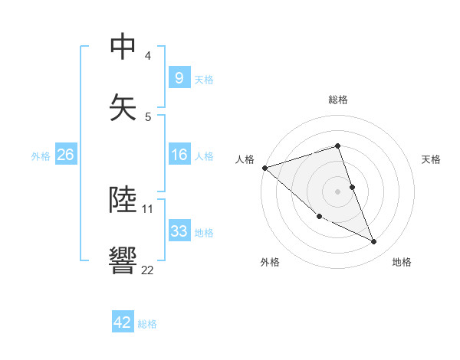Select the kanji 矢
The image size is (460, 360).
click(x=123, y=105)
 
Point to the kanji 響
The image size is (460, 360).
click(x=123, y=260)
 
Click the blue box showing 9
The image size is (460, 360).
click(x=179, y=77)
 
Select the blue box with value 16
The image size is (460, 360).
click(x=179, y=155)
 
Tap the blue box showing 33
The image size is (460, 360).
click(x=179, y=231)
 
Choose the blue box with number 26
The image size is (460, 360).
click(x=65, y=155)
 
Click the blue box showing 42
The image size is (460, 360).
click(x=123, y=322)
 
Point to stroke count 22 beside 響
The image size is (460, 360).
click(x=147, y=270)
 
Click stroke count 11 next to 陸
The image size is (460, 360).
click(x=147, y=208)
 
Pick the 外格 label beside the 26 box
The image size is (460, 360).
click(x=41, y=155)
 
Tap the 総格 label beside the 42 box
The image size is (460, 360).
click(x=147, y=324)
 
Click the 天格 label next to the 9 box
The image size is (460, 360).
click(x=204, y=79)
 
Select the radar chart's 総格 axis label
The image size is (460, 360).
click(x=338, y=100)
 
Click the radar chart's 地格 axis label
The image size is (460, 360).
click(x=402, y=262)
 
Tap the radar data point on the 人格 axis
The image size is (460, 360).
click(x=264, y=168)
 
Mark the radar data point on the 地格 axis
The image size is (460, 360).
click(x=374, y=242)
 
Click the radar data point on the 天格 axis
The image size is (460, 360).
click(x=352, y=187)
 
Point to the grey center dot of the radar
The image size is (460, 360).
click(x=338, y=191)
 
